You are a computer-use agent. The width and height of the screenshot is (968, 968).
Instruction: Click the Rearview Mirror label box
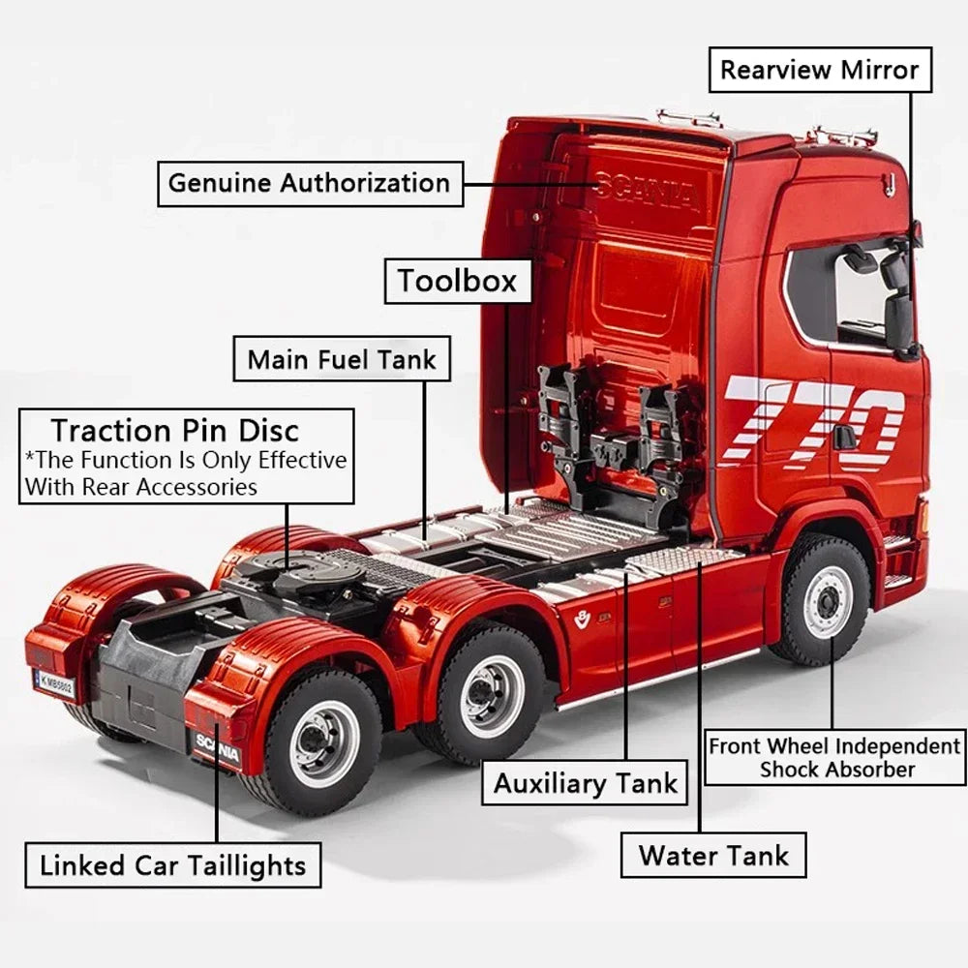pos(820,70)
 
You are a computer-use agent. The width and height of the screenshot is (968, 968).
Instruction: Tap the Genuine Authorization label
pos(310,183)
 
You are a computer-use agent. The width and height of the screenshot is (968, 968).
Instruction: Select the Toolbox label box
pos(458,282)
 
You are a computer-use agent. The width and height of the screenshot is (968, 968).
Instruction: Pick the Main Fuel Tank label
pos(342,359)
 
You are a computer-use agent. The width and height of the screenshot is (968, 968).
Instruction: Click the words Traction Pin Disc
pos(175,430)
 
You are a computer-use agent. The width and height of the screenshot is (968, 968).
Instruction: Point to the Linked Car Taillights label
pos(173,864)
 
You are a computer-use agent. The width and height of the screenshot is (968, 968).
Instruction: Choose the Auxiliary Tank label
pos(585,782)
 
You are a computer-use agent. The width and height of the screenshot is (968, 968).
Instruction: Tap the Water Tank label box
pos(713,855)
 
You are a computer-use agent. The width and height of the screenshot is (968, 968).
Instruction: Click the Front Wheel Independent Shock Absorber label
pos(833,758)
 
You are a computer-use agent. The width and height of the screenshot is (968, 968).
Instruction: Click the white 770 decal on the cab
pos(813,421)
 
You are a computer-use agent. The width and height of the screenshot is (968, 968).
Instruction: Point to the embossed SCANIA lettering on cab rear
pos(647,191)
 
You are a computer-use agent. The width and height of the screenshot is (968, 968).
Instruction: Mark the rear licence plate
pos(54,682)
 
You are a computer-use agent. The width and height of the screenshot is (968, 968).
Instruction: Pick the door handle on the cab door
pos(844,437)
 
